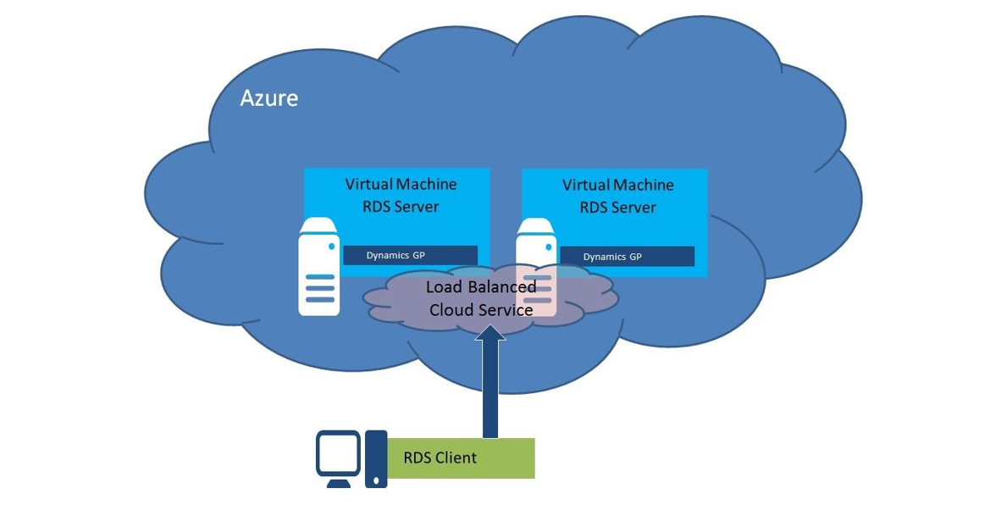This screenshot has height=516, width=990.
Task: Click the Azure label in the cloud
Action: coord(268,98)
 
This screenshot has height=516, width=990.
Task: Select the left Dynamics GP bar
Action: coord(410,255)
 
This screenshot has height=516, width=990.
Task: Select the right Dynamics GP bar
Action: coord(627,257)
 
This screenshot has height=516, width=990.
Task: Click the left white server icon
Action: coord(319,267)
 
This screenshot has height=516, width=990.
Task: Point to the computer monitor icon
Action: coord(338,455)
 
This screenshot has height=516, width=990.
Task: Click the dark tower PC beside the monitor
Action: coord(376,459)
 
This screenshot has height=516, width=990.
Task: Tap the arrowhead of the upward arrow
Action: coord(490,332)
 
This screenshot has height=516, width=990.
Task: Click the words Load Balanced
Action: coord(480,287)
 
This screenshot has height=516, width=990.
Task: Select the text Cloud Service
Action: coord(480,310)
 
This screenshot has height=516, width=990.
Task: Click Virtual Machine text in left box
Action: coord(401,184)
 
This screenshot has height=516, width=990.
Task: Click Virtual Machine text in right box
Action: coord(618,185)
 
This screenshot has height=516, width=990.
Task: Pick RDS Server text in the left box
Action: coord(401,207)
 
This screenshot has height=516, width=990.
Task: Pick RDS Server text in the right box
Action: coord(618,208)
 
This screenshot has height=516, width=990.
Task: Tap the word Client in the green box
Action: coord(456,458)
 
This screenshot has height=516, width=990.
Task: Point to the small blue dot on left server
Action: coord(330,246)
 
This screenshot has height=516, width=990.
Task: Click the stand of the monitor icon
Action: coord(338,482)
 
